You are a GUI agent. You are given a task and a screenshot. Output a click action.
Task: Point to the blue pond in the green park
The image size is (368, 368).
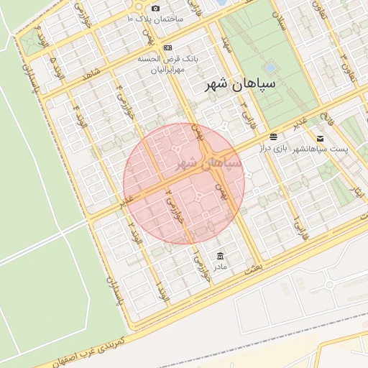[x=270, y=68]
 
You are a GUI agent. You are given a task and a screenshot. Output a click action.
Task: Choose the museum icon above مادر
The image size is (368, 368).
[x=219, y=257]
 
